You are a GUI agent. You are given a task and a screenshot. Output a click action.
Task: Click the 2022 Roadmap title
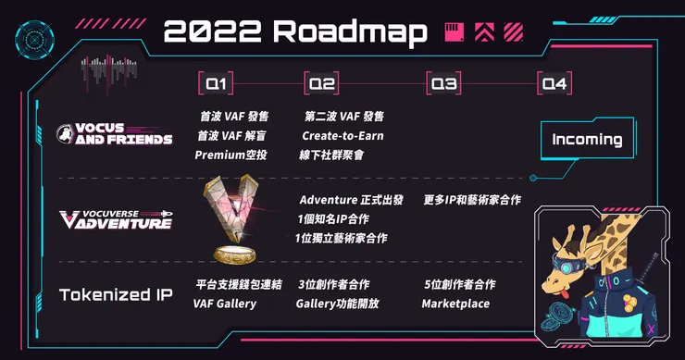click(x=295, y=33)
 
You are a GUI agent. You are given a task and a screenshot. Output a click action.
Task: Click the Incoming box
click(x=587, y=140)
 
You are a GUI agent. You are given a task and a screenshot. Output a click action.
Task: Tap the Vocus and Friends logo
click(x=114, y=134)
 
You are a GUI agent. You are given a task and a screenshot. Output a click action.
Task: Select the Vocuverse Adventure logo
click(x=115, y=219)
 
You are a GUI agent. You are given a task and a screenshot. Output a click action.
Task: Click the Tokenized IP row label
click(x=116, y=295)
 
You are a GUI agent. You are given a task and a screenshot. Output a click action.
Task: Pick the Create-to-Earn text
click(x=342, y=136)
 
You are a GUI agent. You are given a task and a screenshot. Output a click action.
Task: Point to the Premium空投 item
click(x=230, y=155)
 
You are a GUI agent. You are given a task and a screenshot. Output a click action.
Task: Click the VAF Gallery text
click(x=225, y=304)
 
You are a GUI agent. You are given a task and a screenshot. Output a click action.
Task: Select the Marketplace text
click(x=455, y=304)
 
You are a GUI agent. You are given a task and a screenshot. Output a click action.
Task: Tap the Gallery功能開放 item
click(x=338, y=304)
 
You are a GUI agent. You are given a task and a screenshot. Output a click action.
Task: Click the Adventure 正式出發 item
click(x=351, y=200)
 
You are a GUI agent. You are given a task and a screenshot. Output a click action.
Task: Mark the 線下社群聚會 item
click(x=331, y=155)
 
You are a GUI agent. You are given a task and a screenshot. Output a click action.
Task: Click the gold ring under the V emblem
click(x=237, y=253)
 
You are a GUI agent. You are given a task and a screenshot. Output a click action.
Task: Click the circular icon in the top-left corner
click(x=30, y=37)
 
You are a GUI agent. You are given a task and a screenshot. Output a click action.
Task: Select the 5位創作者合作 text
click(x=459, y=284)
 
